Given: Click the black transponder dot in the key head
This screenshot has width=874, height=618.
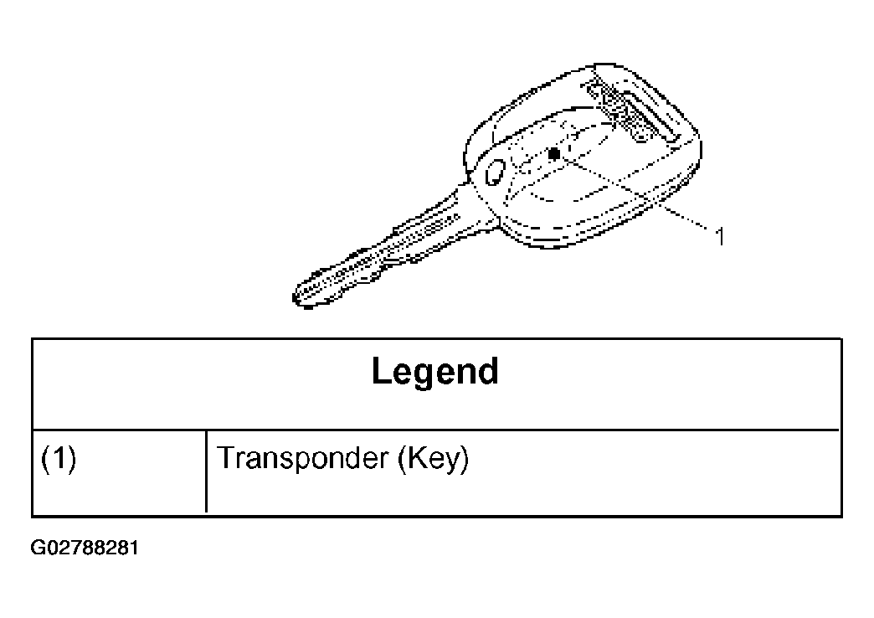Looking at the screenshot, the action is [554, 153].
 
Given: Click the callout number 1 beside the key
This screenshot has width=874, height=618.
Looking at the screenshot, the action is [720, 236].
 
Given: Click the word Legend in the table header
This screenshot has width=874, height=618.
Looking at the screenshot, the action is [434, 372].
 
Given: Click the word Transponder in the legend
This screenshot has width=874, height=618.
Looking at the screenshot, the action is [303, 459].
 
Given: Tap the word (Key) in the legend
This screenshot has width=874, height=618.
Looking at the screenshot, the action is [433, 460].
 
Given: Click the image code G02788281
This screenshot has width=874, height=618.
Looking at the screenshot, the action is [85, 548].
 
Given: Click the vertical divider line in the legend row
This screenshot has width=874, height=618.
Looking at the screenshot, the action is [206, 471].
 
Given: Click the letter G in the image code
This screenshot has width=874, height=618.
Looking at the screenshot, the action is [37, 548].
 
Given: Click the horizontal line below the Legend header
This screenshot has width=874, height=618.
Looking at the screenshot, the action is [436, 430].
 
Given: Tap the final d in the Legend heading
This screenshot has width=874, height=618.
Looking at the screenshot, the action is [489, 370].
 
